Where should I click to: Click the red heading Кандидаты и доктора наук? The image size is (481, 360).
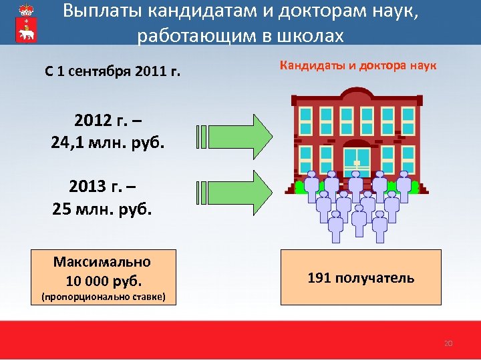358,66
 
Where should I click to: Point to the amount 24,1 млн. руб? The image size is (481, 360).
108,142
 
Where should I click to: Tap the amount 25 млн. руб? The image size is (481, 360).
102,209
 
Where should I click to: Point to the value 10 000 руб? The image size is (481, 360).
104,280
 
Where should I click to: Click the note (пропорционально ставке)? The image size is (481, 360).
104,296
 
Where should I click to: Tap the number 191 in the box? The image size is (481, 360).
319,278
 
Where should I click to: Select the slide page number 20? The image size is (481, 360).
448,343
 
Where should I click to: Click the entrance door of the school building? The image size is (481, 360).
357,163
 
